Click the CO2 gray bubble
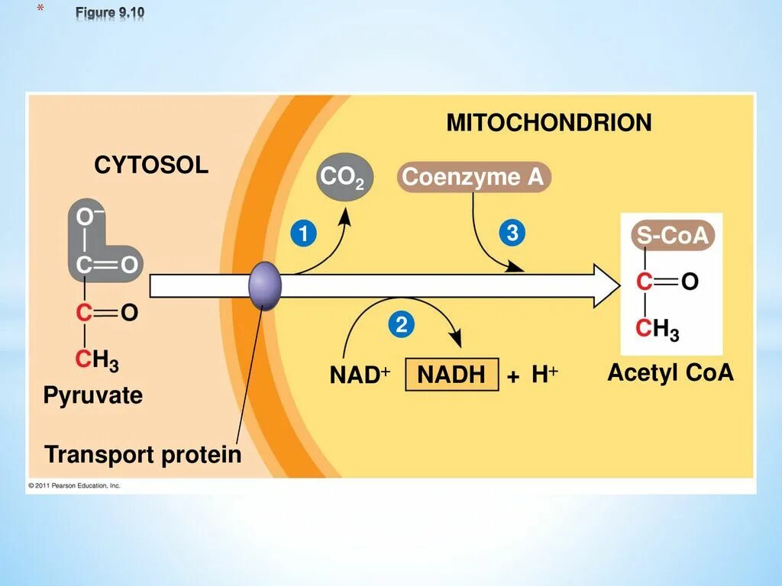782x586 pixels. [x=343, y=179]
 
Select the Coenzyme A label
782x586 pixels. [x=473, y=178]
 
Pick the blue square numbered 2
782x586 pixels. [x=401, y=326]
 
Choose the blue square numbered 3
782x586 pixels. [x=512, y=233]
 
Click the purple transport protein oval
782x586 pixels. [x=265, y=285]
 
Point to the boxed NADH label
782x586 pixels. [x=451, y=375]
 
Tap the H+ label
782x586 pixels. [x=544, y=375]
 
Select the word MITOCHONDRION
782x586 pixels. [x=549, y=123]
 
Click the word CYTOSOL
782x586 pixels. [x=151, y=165]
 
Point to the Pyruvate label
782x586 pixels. [x=92, y=395]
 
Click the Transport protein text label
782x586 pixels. [x=143, y=455]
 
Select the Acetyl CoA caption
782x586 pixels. [x=670, y=373]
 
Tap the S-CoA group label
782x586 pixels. [x=673, y=237]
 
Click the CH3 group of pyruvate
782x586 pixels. [x=96, y=360]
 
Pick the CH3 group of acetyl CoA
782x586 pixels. [x=658, y=330]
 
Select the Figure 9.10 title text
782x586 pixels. [x=109, y=13]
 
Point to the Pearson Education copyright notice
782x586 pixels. [x=74, y=485]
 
